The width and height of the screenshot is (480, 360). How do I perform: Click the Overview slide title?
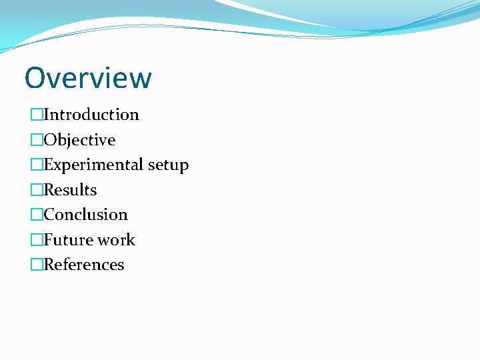(x=88, y=78)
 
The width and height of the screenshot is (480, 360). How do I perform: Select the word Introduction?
(x=91, y=115)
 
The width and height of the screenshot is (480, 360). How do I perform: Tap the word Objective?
(x=79, y=140)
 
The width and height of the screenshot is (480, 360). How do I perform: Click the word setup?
(x=168, y=165)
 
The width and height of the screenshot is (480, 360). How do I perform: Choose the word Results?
(x=70, y=190)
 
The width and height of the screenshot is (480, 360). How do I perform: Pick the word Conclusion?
(x=85, y=215)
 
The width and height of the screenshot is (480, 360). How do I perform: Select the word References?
(x=84, y=265)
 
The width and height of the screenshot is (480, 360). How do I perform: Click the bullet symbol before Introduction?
(x=37, y=115)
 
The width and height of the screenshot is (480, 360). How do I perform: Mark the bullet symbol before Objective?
(x=37, y=140)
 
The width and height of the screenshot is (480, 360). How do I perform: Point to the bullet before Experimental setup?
(x=37, y=165)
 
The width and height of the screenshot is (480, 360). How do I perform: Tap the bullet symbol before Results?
(x=37, y=190)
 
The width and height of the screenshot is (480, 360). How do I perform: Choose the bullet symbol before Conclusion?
(x=37, y=215)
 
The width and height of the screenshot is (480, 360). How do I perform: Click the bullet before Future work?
(x=37, y=240)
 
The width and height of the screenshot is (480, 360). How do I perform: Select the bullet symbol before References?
(x=37, y=265)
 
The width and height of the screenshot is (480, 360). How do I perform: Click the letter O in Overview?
(x=35, y=78)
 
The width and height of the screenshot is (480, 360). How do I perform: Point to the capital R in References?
(x=49, y=265)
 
